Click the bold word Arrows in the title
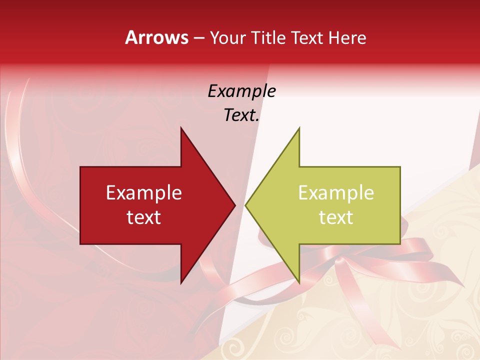coord(156,37)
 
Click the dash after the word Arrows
coord(198,38)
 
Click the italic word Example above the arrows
coord(241,91)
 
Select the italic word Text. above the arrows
coord(241,115)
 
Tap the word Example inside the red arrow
coord(143,193)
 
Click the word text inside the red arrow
coord(143,217)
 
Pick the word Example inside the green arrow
coord(336,193)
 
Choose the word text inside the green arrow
coord(336,217)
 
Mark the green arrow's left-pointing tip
coord(246,205)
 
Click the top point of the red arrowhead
coord(181,128)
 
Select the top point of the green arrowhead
coord(299,128)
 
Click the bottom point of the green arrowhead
coord(299,283)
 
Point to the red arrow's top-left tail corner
coord(80,167)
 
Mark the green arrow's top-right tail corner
coord(400,167)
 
